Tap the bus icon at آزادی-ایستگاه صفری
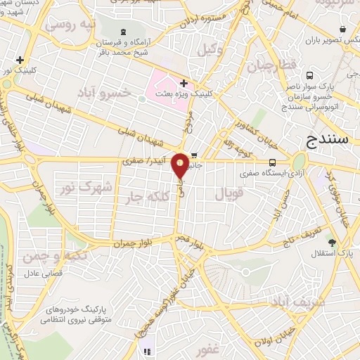(x=272, y=162)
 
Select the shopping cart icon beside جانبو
(x=193, y=157)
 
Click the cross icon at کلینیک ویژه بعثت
(x=184, y=83)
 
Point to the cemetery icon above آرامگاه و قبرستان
(x=124, y=32)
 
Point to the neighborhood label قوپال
(x=229, y=193)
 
